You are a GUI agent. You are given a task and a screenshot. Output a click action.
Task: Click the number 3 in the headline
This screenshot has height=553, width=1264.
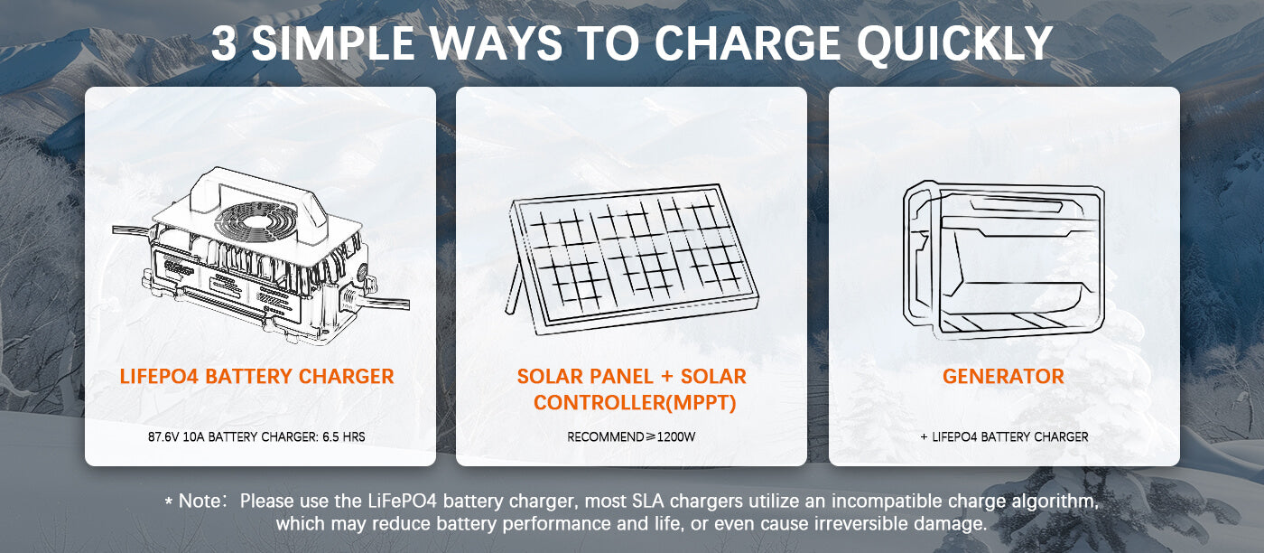pyautogui.click(x=224, y=43)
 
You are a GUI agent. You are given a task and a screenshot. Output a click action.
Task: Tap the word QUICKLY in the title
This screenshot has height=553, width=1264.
pyautogui.click(x=954, y=44)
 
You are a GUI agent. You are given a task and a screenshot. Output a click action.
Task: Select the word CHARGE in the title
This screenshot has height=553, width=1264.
pyautogui.click(x=748, y=43)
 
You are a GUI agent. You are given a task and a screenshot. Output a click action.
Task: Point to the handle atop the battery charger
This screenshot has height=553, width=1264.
pyautogui.click(x=256, y=192)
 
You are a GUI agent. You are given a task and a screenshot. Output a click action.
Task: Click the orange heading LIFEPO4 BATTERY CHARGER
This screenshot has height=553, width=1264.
pyautogui.click(x=256, y=376)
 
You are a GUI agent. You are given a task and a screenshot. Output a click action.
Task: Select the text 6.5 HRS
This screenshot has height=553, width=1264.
pyautogui.click(x=344, y=436)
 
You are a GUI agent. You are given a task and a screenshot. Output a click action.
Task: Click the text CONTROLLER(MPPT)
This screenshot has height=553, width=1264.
pyautogui.click(x=635, y=403)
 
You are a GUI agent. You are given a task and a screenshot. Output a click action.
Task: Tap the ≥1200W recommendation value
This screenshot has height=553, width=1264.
pyautogui.click(x=671, y=436)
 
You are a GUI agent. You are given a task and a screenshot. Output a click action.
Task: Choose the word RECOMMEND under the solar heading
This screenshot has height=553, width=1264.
pyautogui.click(x=606, y=436)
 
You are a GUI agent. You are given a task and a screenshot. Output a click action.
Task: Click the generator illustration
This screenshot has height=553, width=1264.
pyautogui.click(x=1004, y=260)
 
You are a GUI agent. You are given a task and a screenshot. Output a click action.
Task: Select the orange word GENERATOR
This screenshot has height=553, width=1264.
pyautogui.click(x=1003, y=376)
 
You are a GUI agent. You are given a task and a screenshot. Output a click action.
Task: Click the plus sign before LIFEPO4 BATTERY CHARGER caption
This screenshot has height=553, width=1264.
pyautogui.click(x=924, y=437)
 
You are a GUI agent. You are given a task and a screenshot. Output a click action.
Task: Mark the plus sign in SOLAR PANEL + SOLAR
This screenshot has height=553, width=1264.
pyautogui.click(x=666, y=377)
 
